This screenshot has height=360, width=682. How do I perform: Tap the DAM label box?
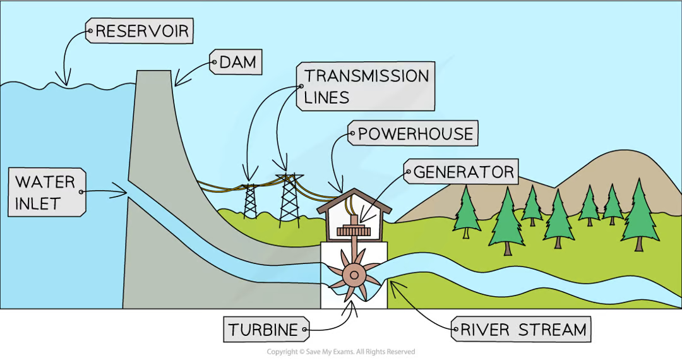pyautogui.click(x=236, y=62)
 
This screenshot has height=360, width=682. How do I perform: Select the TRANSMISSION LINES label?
pyautogui.click(x=366, y=86)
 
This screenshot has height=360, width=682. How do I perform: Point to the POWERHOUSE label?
pyautogui.click(x=413, y=134)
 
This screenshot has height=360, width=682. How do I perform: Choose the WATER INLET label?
pyautogui.click(x=46, y=193)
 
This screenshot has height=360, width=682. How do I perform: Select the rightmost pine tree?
pyautogui.click(x=639, y=215)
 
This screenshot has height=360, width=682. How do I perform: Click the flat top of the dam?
pyautogui.click(x=153, y=71)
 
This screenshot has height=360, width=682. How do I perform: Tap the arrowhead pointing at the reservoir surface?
pyautogui.click(x=64, y=81)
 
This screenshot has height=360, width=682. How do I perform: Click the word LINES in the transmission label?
pyautogui.click(x=326, y=97)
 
